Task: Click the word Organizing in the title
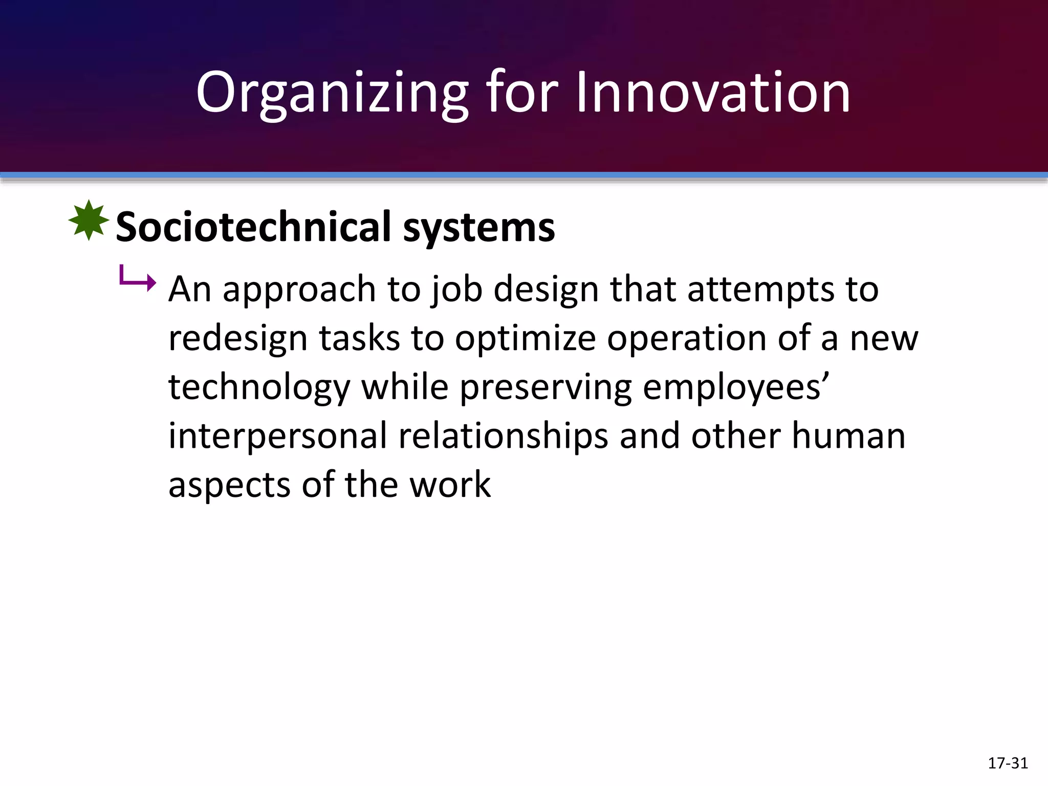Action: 332,93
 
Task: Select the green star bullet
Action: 89,221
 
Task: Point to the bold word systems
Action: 479,227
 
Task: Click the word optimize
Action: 526,339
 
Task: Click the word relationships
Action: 503,436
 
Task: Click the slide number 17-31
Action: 1008,763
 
